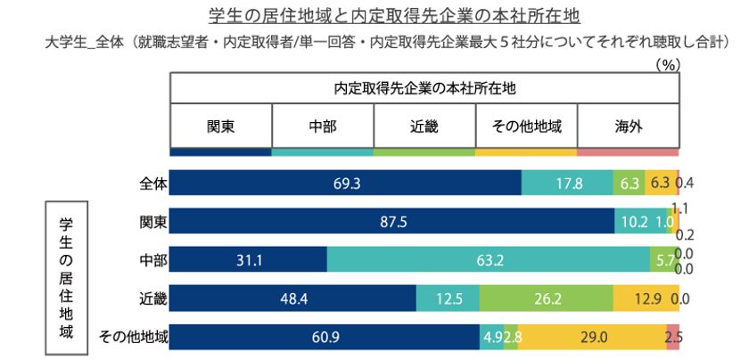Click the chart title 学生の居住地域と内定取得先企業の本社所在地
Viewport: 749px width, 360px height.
[374, 16]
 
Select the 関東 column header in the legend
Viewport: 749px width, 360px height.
[220, 126]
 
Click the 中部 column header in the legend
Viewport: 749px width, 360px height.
[322, 126]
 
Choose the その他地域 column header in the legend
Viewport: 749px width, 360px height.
[526, 126]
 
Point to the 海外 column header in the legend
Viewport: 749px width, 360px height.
[628, 126]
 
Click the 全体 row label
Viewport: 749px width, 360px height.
[153, 183]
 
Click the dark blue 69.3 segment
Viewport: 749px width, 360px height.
[345, 183]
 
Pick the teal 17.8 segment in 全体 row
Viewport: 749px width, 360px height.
[566, 183]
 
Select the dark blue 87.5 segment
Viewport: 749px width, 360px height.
[391, 221]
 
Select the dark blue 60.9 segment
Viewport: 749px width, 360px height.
[325, 336]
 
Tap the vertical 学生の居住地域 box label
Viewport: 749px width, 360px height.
[65, 277]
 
